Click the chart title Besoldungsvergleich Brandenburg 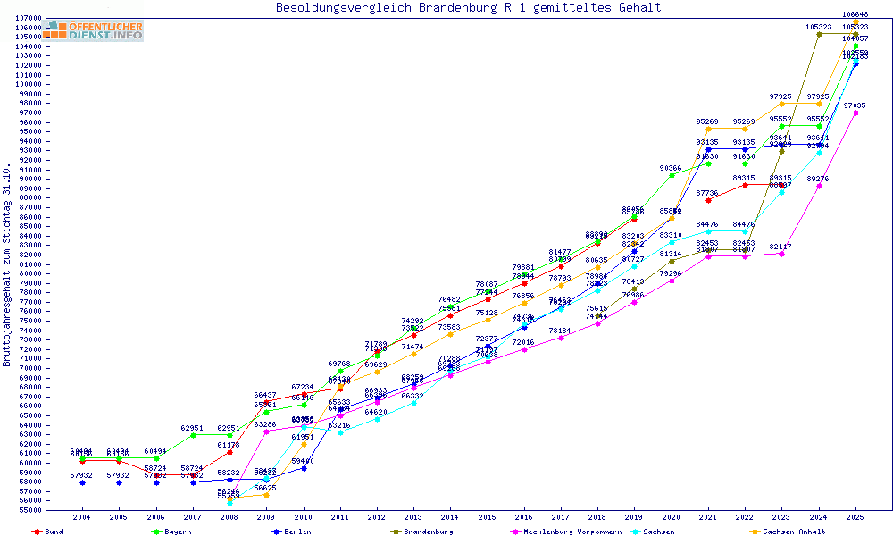(x=469, y=8)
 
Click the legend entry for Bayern (x=176, y=532)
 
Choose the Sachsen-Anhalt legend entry (x=789, y=532)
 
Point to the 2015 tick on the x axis (x=488, y=516)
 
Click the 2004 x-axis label (x=82, y=516)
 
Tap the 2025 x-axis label (x=855, y=516)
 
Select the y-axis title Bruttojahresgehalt (x=7, y=265)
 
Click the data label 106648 (x=855, y=15)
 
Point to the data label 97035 (x=855, y=105)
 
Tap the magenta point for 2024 (x=819, y=186)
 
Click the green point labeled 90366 (x=672, y=175)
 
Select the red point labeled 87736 (x=708, y=200)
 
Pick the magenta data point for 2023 (x=782, y=254)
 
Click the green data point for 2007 (x=193, y=435)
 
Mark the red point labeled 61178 (x=230, y=452)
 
